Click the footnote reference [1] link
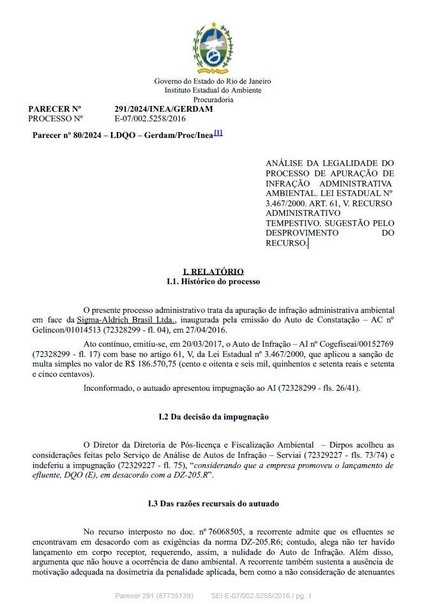(218, 133)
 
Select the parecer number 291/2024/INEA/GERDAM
(164, 109)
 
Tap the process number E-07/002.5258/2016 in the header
(150, 119)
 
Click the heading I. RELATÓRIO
(213, 272)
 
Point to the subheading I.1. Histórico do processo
(213, 282)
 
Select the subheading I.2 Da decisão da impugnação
(213, 417)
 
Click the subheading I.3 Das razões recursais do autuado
(213, 504)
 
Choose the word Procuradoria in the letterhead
(213, 100)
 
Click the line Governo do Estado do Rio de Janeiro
(213, 81)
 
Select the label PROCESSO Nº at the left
(56, 119)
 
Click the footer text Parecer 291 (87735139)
(154, 596)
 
